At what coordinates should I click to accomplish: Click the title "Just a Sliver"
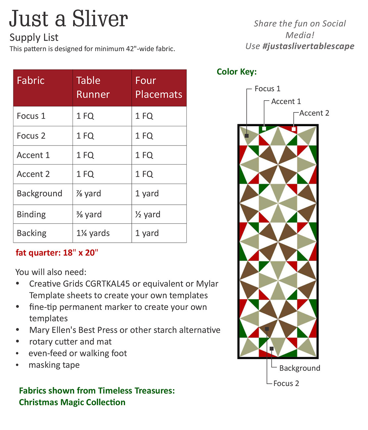(69, 19)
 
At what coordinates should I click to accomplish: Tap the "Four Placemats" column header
(159, 88)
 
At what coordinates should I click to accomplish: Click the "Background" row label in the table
(39, 193)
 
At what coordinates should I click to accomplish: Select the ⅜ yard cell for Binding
(89, 214)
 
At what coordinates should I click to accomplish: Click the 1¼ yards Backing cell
(93, 233)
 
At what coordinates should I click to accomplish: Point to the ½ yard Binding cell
(148, 214)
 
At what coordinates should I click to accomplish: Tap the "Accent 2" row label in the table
(33, 174)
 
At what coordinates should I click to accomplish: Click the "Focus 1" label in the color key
(267, 89)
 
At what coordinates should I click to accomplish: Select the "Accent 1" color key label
(286, 102)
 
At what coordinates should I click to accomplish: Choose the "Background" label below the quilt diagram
(299, 368)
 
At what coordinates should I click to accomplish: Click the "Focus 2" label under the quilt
(286, 383)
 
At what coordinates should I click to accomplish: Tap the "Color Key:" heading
(237, 72)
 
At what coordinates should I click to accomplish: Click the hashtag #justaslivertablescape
(308, 46)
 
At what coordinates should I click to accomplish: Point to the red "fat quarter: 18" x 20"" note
(57, 253)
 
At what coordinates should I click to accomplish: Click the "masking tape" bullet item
(54, 365)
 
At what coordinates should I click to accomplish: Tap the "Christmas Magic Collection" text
(72, 402)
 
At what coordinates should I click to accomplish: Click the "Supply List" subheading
(34, 37)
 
